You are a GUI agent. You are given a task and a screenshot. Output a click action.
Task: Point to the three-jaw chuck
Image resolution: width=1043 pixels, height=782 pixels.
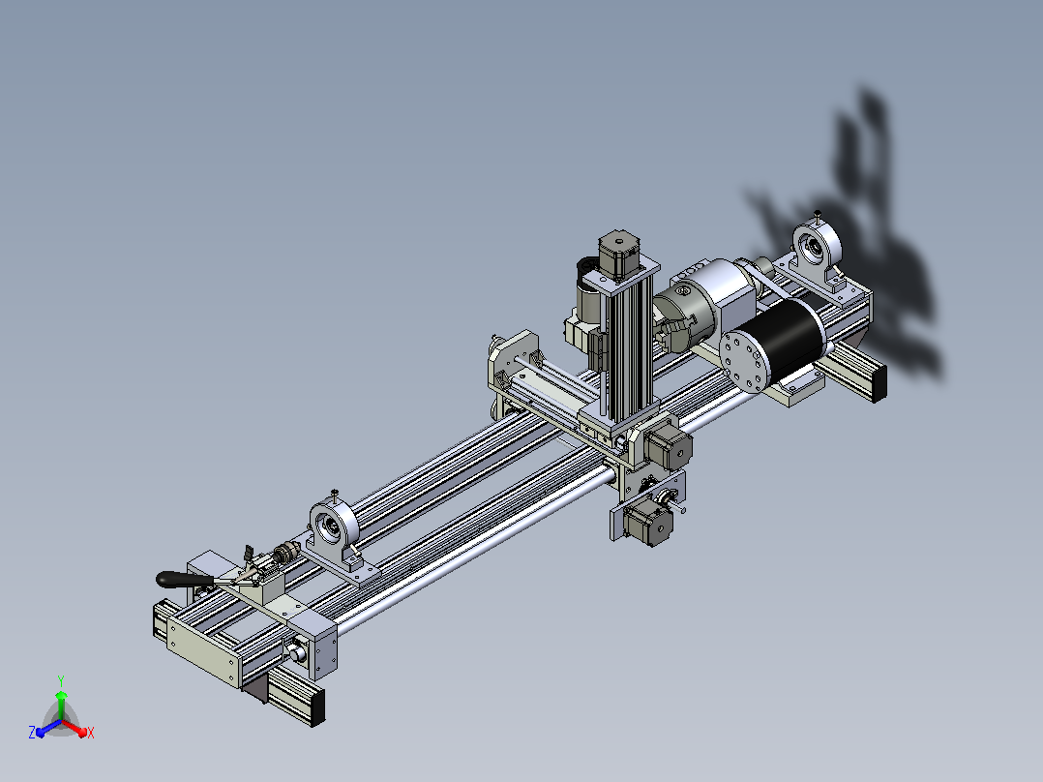[x=684, y=316]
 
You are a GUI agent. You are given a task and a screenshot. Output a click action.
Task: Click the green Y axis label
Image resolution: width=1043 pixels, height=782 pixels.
[x=61, y=680]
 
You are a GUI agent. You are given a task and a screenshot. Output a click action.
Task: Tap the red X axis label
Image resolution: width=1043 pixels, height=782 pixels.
[x=91, y=733]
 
